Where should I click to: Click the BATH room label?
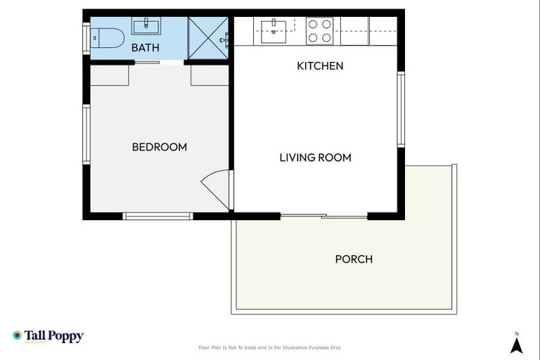(146, 48)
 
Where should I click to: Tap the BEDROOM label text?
(160, 147)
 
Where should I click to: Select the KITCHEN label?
(320, 66)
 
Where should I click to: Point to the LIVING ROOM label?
(315, 157)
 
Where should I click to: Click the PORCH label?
(354, 259)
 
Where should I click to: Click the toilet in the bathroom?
(109, 37)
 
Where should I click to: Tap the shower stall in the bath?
(208, 38)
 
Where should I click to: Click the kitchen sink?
(274, 29)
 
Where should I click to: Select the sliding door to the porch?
(324, 216)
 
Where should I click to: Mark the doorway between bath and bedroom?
(158, 63)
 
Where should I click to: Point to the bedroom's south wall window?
(158, 216)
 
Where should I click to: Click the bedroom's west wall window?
(86, 134)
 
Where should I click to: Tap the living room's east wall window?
(401, 109)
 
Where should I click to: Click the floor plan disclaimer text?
(270, 347)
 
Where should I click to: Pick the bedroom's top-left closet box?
(109, 75)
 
